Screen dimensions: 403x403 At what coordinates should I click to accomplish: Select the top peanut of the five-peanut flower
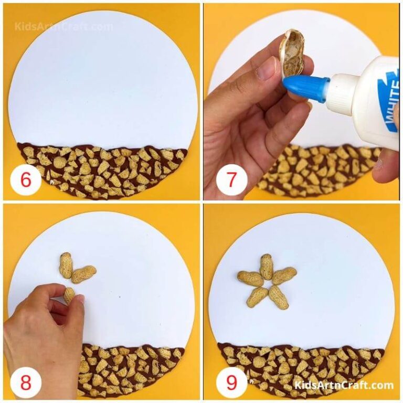click(266, 266)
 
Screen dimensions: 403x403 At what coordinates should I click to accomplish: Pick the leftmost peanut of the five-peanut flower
click(250, 278)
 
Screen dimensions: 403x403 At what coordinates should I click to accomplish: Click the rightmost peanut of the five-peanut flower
click(284, 275)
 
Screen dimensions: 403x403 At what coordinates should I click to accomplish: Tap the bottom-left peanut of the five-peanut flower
click(257, 297)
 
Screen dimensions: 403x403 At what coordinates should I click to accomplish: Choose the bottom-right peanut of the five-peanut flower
click(279, 297)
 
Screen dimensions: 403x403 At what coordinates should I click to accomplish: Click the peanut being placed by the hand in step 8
click(69, 294)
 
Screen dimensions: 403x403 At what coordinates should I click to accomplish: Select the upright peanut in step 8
click(66, 265)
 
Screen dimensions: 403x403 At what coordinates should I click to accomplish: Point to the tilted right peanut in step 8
click(83, 274)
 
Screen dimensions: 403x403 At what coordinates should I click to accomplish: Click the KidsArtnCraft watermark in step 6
click(63, 26)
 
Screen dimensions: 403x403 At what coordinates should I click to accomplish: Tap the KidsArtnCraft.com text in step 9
click(344, 385)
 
